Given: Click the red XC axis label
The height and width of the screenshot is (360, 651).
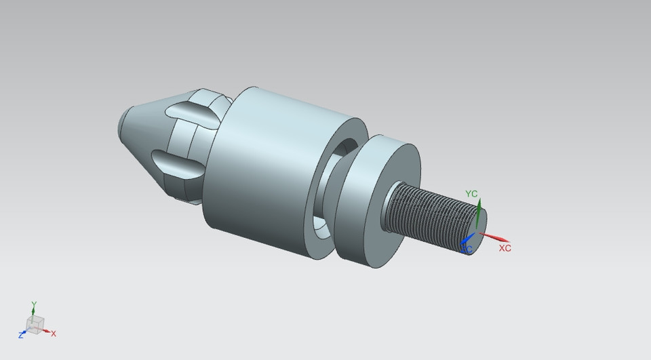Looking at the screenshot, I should (x=505, y=248).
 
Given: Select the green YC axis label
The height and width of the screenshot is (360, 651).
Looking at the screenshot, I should (x=471, y=194).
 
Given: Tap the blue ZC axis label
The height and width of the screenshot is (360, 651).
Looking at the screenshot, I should (x=467, y=250).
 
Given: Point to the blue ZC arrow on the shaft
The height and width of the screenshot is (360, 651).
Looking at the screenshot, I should (x=467, y=240).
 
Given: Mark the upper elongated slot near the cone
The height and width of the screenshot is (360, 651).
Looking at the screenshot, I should (x=193, y=113).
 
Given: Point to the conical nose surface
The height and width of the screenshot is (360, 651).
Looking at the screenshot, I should (x=146, y=136).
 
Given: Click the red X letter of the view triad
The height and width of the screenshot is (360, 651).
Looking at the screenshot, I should (x=54, y=334).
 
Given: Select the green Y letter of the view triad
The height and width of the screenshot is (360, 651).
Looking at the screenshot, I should (x=34, y=304).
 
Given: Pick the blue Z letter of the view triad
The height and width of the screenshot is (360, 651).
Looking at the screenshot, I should (x=21, y=335).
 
